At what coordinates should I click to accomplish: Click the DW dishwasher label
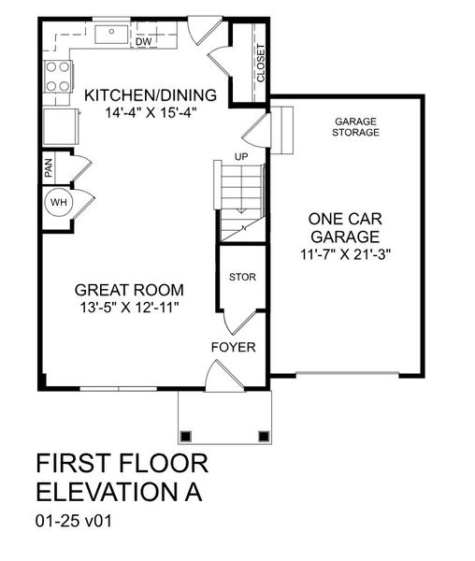[x=144, y=41]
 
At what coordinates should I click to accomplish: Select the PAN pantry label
[x=49, y=168]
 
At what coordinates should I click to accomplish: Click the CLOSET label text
[x=260, y=63]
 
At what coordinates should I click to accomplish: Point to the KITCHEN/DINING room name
[x=151, y=95]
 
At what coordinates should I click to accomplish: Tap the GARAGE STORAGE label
[x=356, y=127]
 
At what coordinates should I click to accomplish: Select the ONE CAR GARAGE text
[x=346, y=227]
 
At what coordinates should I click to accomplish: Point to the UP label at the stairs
[x=241, y=156]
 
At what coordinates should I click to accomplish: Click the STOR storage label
[x=242, y=278]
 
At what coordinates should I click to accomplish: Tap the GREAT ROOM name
[x=130, y=290]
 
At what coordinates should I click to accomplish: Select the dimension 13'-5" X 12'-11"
[x=130, y=308]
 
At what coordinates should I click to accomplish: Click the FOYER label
[x=233, y=348]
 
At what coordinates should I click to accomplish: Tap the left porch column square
[x=186, y=435]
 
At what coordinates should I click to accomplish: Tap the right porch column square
[x=264, y=435]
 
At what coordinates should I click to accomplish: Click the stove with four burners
[x=58, y=76]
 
